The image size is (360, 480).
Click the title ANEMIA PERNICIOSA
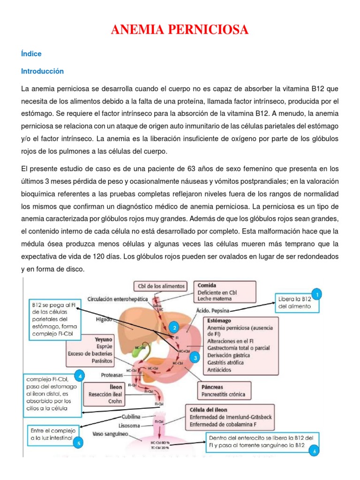[180, 31]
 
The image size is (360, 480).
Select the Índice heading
[31, 54]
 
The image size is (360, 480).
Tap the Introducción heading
[42, 71]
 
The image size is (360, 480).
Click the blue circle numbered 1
[317, 294]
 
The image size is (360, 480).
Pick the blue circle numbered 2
[174, 328]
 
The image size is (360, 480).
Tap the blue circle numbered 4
[81, 375]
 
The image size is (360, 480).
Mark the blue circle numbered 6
[315, 451]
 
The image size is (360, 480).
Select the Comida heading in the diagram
[207, 285]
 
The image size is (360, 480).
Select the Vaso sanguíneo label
[111, 434]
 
